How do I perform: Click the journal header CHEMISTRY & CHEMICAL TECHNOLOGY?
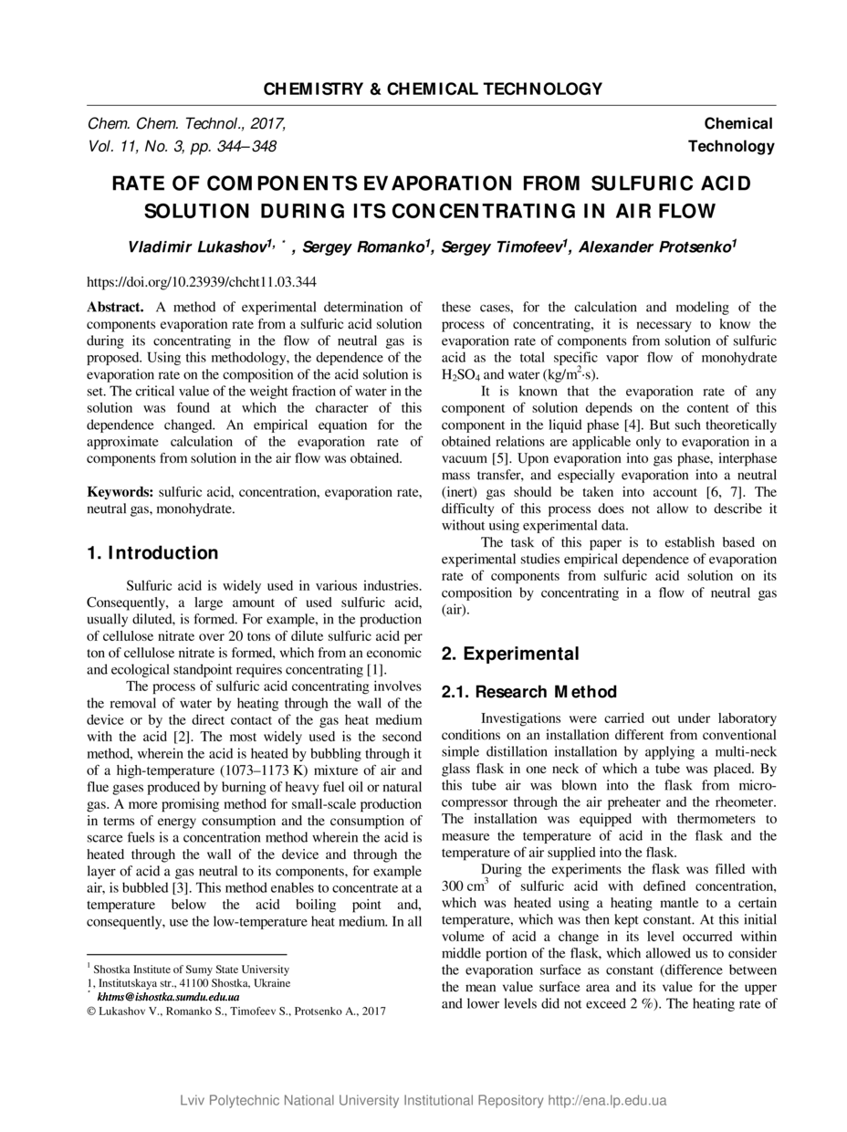[x=433, y=89]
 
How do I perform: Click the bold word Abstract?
[x=115, y=308]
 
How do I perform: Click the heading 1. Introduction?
[x=152, y=553]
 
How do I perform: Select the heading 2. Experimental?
[x=509, y=654]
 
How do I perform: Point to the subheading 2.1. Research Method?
[x=528, y=692]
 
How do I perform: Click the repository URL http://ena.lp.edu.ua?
[x=607, y=1100]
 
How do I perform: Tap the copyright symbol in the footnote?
[x=91, y=1011]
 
